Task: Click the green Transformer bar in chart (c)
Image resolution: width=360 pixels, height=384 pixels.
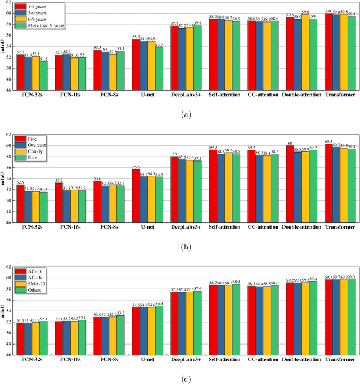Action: (x=352, y=325)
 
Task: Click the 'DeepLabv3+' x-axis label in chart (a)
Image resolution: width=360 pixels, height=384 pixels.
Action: (x=186, y=95)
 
